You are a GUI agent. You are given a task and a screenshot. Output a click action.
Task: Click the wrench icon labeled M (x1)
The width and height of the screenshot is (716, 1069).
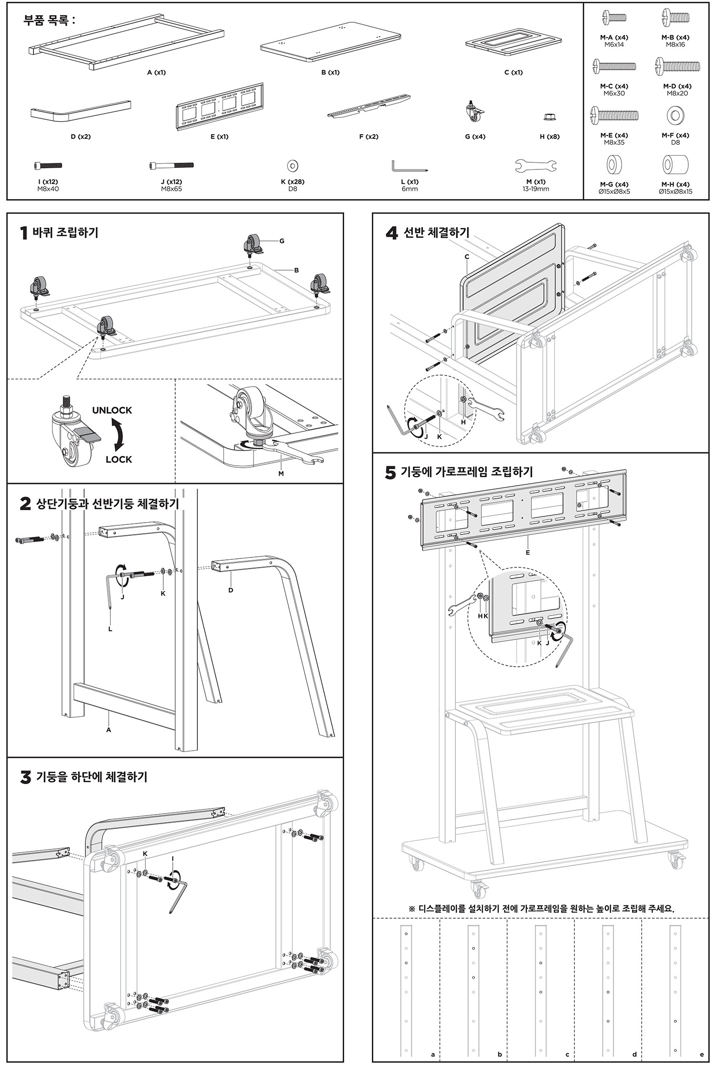[x=536, y=166]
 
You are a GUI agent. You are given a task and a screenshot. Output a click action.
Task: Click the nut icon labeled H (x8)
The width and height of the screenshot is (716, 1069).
[x=549, y=117]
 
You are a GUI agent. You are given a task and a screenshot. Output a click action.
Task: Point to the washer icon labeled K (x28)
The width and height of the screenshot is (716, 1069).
[x=293, y=166]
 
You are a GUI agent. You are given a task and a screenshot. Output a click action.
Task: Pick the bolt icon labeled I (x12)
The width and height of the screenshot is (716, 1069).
[x=48, y=166]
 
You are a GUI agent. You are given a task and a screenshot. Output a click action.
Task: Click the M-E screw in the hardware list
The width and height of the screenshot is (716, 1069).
[x=614, y=115]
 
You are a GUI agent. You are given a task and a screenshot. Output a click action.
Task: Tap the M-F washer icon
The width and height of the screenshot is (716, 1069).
[x=675, y=115]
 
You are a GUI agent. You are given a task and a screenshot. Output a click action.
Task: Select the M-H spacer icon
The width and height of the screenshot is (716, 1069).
[x=675, y=165]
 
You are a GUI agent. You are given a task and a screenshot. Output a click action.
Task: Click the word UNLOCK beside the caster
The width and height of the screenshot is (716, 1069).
[x=112, y=410]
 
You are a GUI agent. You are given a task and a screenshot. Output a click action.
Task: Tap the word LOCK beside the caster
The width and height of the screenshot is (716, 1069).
[x=118, y=460]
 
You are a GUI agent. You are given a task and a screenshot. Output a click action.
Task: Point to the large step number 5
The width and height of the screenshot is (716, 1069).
[x=390, y=472]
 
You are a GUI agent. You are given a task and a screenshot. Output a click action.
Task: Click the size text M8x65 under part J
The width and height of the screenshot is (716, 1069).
[x=171, y=189]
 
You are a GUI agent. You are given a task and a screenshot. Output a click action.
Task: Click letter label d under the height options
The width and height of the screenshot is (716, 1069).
[x=634, y=1054]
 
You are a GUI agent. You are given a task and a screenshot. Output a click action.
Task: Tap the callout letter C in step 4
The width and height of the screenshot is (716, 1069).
[x=467, y=257]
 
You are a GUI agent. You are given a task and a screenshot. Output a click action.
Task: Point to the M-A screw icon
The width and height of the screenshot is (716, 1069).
[x=614, y=19]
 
